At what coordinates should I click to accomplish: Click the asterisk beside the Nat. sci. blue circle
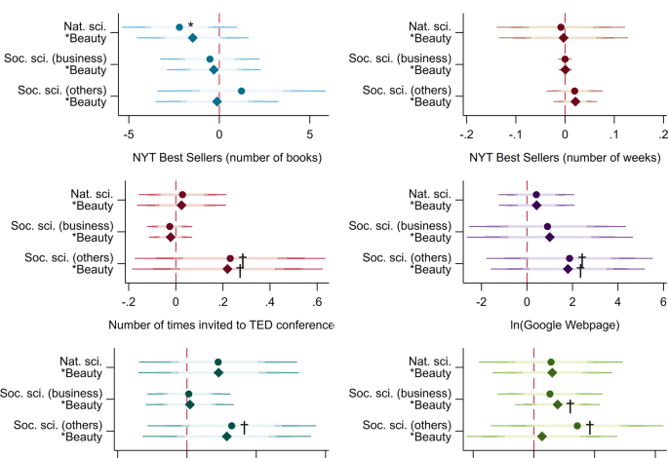point(191,25)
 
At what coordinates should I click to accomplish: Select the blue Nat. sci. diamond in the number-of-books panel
point(192,38)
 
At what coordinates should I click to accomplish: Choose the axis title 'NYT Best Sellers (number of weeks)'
point(565,157)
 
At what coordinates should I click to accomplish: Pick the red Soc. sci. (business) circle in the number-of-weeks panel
point(565,59)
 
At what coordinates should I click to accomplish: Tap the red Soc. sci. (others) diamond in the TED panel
point(227,268)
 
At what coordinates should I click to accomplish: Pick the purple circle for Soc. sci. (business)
point(548,227)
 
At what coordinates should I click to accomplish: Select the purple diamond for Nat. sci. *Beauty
point(536,205)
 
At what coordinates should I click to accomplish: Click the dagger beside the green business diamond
point(570,404)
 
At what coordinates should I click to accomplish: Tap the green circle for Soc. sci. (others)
point(577,426)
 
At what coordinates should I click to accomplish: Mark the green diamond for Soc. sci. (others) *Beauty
point(541,436)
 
